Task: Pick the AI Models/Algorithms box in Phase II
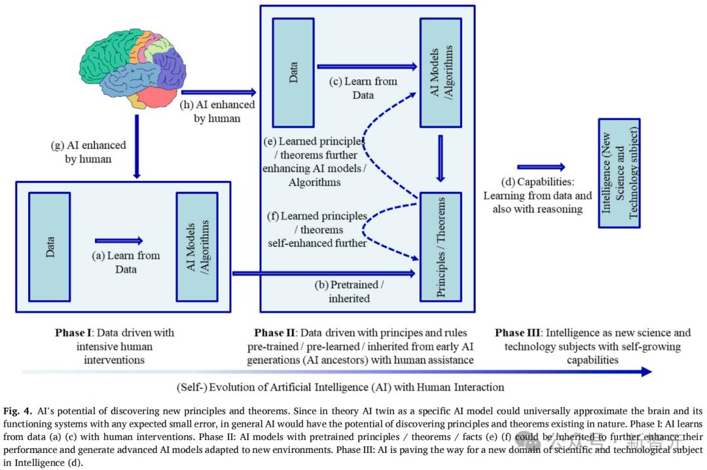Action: coord(440,72)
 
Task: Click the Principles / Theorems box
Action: coord(440,246)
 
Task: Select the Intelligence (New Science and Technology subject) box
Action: coord(619,173)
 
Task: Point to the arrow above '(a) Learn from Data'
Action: coord(118,241)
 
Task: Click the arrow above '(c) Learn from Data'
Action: coord(367,66)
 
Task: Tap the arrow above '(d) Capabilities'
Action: coord(541,167)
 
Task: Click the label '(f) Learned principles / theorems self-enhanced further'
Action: coord(317,229)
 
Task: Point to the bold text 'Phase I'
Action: coord(75,332)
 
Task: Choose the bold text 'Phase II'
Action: coord(278,332)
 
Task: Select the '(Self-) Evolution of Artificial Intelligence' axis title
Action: coord(340,387)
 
